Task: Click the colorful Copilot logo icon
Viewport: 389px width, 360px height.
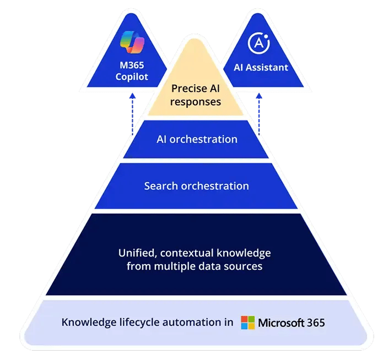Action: coord(132,45)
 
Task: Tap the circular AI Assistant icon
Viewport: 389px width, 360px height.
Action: coord(259,43)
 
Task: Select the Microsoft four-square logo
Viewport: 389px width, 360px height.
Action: coord(248,323)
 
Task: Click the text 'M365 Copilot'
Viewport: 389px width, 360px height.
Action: coord(132,72)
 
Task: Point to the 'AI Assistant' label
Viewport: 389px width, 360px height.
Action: coord(259,68)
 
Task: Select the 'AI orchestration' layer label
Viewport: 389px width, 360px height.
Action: coord(196,139)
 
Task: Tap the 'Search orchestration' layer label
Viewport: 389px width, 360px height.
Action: coord(196,186)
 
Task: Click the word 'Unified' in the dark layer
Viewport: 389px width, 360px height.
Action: coord(137,253)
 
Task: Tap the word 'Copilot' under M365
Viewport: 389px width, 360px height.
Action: coord(132,77)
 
